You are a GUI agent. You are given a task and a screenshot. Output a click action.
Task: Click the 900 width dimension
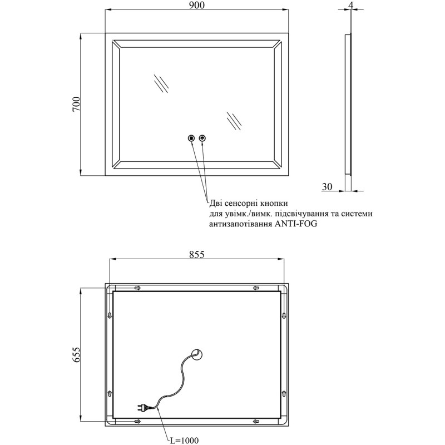click(197, 5)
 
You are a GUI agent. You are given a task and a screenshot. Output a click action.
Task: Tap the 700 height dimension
click(77, 105)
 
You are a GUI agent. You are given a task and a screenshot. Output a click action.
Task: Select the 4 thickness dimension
click(351, 5)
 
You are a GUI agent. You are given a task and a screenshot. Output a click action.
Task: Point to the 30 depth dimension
click(327, 187)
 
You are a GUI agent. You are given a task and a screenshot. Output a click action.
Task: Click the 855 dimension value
click(197, 254)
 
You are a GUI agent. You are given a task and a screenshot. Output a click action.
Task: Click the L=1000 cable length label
click(184, 441)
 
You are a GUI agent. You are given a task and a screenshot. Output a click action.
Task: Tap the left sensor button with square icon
click(191, 138)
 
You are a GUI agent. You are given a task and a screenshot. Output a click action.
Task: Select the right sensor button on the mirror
click(202, 138)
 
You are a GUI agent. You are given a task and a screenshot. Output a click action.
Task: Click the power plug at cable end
click(143, 408)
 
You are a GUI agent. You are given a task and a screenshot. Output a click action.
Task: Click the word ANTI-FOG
click(295, 224)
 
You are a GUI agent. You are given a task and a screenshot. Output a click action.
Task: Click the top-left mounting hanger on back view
click(138, 288)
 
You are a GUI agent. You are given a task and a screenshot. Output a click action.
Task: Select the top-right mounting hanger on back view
click(256, 288)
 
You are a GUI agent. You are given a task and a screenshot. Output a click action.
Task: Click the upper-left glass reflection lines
click(161, 83)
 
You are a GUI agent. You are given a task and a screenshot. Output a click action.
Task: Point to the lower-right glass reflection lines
click(234, 121)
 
